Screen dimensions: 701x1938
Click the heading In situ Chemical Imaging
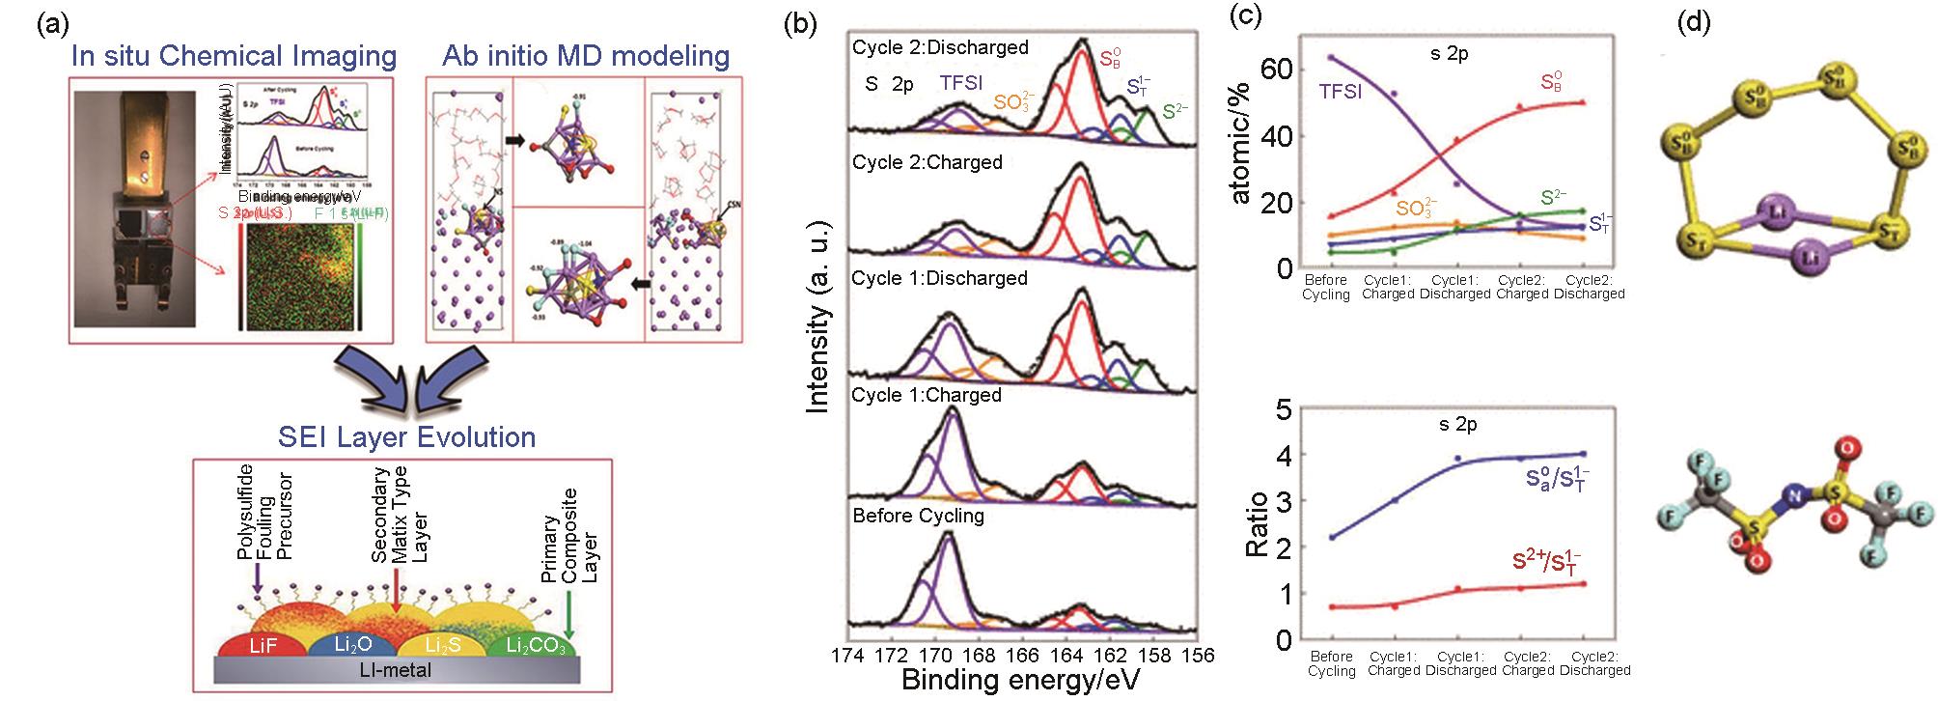click(x=234, y=55)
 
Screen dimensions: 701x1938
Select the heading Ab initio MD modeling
click(x=586, y=55)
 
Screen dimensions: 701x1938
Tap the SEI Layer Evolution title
click(x=407, y=436)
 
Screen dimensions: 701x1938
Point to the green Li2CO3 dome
click(x=528, y=645)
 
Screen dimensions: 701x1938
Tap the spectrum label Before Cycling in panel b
click(x=918, y=516)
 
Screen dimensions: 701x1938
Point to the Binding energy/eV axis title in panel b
click(x=1020, y=681)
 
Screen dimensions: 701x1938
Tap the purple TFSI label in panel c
click(x=1341, y=94)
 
